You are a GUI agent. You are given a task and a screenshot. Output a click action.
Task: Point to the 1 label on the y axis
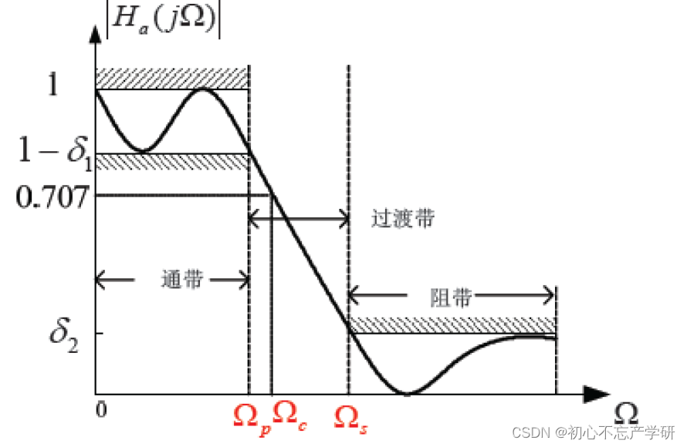53,85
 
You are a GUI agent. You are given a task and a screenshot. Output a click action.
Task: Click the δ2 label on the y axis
63,333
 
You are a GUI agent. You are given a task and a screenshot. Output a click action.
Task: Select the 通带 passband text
182,281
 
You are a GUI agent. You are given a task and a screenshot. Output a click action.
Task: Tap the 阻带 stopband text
449,297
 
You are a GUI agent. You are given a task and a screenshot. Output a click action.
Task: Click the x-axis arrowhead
594,393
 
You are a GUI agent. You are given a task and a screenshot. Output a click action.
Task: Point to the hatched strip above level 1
171,78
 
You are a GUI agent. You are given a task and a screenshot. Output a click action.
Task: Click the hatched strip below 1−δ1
171,161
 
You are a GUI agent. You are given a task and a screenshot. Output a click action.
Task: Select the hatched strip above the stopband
452,324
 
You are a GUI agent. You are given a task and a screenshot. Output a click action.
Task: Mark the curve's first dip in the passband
144,150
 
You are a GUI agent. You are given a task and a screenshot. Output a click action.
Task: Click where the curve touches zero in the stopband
406,392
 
